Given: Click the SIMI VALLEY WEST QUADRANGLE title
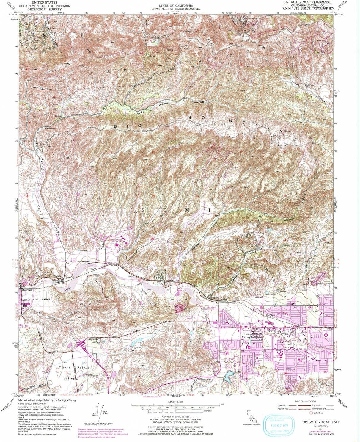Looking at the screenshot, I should click(306, 2).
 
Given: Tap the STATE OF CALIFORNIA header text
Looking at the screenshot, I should click(175, 6).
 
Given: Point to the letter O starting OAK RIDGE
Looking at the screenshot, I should click(92, 72).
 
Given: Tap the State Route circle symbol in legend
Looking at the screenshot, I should click(311, 413).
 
